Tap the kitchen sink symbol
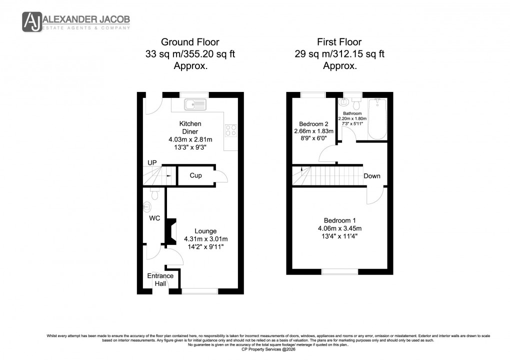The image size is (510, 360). click(x=195, y=104)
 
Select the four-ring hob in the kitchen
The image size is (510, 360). click(x=231, y=130)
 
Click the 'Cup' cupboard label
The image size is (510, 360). click(x=195, y=176)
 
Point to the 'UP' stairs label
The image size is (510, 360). click(x=152, y=163)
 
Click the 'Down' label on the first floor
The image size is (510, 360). click(x=372, y=176)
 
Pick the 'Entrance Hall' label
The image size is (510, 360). click(x=160, y=279)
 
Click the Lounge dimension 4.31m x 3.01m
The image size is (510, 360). click(x=205, y=239)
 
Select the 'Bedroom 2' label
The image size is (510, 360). click(x=313, y=124)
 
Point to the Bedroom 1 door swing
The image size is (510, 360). click(x=374, y=195)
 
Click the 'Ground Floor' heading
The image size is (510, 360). click(x=189, y=42)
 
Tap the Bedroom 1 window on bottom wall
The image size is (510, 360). click(x=339, y=271)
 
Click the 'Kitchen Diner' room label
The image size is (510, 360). click(x=190, y=127)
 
